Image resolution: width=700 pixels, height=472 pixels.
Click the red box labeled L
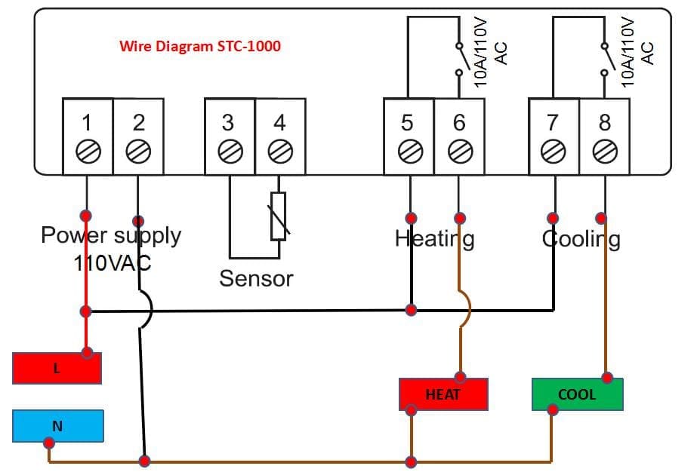coord(57,369)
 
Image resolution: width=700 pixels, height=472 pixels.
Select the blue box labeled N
coord(58,426)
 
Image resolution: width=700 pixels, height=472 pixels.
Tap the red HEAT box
coord(443,394)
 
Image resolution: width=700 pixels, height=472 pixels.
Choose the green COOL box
coord(577,394)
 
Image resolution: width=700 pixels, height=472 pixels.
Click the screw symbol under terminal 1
coord(88,152)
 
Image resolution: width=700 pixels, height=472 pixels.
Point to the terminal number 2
coord(138,121)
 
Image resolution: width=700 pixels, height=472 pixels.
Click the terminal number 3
coord(228,121)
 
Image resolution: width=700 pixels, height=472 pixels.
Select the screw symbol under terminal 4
coord(280,152)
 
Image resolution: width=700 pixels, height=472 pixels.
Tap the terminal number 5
coord(408,121)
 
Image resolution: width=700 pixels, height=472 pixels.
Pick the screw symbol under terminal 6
coord(459,152)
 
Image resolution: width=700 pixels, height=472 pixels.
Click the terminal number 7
coord(553,121)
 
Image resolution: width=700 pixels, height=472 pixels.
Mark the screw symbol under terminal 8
coord(604,152)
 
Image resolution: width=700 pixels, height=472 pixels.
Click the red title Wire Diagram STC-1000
coord(200,46)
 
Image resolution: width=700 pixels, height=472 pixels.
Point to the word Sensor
coord(256,278)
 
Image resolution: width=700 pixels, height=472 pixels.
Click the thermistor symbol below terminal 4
coord(279,216)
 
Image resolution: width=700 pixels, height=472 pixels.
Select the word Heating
coord(434,239)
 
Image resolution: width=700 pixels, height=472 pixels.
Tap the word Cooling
coord(581,239)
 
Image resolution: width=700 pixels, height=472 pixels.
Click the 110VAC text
coord(112,263)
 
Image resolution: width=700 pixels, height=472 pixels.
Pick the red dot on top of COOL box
coord(607,377)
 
